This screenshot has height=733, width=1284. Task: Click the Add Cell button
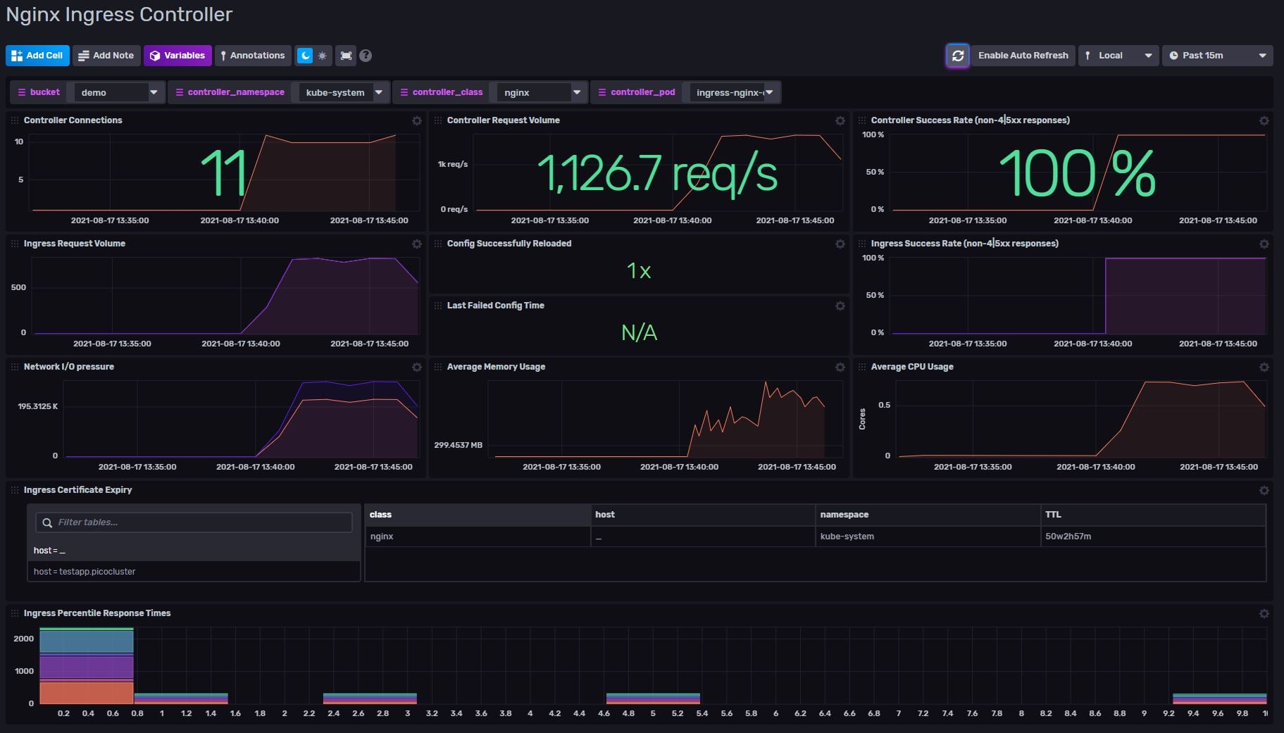point(37,56)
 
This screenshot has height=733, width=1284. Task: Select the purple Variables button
point(177,56)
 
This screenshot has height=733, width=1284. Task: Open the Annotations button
point(252,56)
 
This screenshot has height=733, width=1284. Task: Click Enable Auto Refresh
point(1022,56)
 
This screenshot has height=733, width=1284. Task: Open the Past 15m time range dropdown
point(1217,56)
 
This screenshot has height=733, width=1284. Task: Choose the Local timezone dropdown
point(1118,56)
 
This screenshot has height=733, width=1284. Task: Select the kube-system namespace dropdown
point(343,92)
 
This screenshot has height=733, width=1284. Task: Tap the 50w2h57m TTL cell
point(1068,537)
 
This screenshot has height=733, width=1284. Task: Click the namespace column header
point(844,515)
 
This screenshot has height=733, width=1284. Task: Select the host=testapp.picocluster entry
point(85,572)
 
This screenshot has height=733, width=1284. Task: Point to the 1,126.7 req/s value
point(656,173)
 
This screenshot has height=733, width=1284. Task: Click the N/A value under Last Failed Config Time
point(639,332)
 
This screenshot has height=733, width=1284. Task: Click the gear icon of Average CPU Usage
point(1264,368)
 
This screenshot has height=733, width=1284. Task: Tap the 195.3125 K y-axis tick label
point(38,407)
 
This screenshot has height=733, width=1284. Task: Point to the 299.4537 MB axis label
point(458,446)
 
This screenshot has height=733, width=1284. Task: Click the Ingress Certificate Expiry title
point(77,490)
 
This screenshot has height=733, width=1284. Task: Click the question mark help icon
point(366,56)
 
